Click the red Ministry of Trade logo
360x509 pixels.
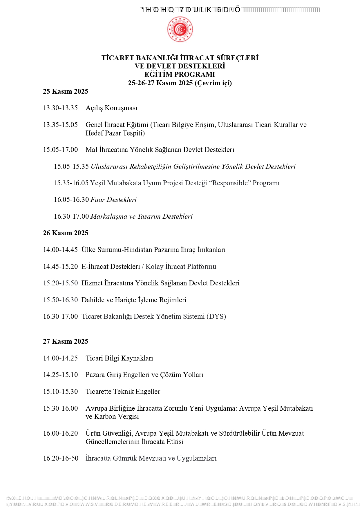click(x=180, y=29)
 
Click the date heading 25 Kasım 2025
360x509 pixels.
click(x=66, y=91)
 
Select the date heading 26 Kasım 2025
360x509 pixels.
click(x=66, y=233)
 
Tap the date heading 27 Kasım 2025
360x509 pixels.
click(x=66, y=341)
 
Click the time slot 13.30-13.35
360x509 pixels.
click(x=60, y=108)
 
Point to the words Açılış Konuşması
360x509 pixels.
click(x=111, y=108)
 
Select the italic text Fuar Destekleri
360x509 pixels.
click(x=113, y=200)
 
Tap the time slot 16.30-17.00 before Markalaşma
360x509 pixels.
click(x=71, y=216)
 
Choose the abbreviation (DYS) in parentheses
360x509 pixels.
click(x=216, y=316)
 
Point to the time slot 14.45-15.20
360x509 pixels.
click(x=60, y=267)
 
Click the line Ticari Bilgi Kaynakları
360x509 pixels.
click(x=119, y=358)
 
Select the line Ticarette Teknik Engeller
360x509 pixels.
click(x=123, y=392)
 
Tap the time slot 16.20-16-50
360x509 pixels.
click(x=61, y=458)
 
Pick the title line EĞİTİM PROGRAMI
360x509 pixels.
click(x=180, y=75)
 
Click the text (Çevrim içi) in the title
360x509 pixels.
click(x=213, y=83)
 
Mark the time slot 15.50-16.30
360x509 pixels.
click(x=60, y=300)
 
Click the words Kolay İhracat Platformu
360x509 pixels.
click(x=181, y=267)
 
